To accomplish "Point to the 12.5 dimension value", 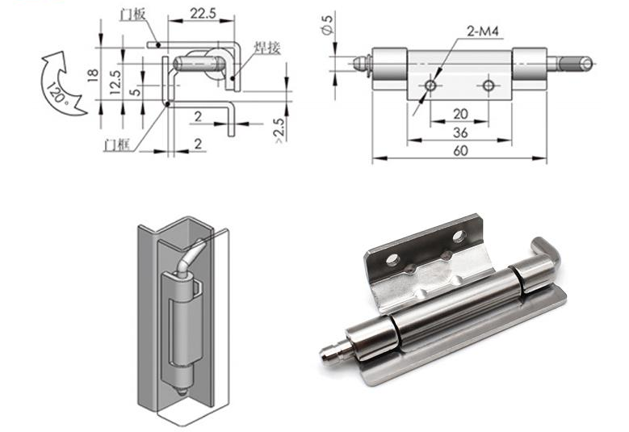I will tap(116, 80).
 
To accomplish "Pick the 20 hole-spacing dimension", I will tap(459, 113).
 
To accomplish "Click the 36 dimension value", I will tap(459, 132).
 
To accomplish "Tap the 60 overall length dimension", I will tap(459, 150).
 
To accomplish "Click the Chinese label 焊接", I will tap(267, 48).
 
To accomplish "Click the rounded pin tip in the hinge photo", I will tap(326, 354).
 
